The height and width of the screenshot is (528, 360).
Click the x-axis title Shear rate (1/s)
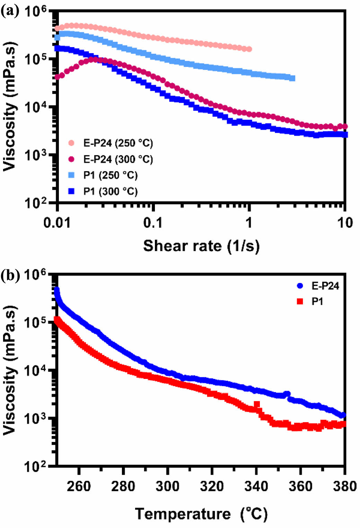pyautogui.click(x=201, y=246)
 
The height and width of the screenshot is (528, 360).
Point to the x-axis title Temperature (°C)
pyautogui.click(x=201, y=513)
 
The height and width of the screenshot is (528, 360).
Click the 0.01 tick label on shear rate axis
pyautogui.click(x=57, y=223)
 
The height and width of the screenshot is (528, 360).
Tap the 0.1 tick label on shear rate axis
pyautogui.click(x=153, y=223)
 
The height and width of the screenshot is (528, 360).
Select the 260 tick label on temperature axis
pyautogui.click(x=79, y=486)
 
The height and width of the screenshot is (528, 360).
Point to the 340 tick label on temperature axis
pyautogui.click(x=256, y=486)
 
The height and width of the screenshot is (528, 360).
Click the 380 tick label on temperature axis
pyautogui.click(x=344, y=486)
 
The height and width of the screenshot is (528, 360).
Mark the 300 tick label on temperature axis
pyautogui.click(x=167, y=486)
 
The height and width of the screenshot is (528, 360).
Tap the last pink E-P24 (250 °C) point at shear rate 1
pyautogui.click(x=249, y=49)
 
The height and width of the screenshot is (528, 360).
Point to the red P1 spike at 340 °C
pyautogui.click(x=257, y=404)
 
